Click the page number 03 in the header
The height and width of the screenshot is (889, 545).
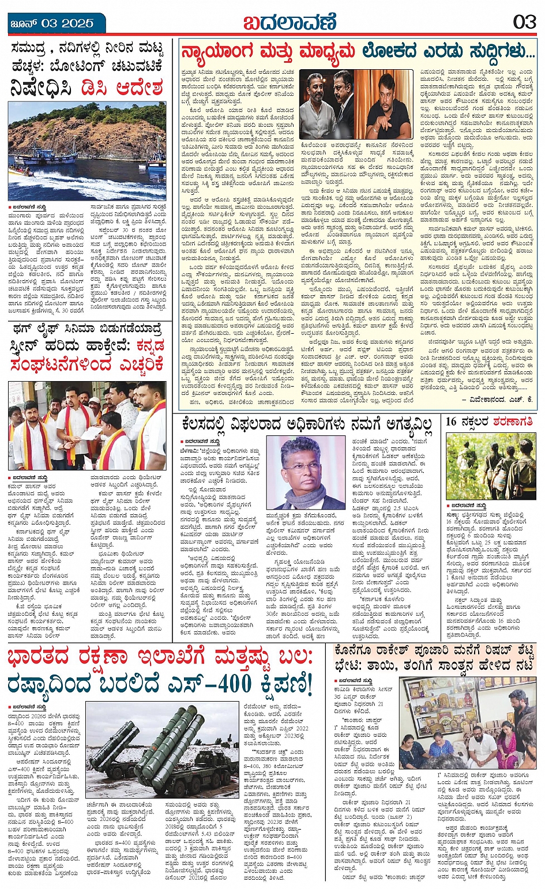pos(524,22)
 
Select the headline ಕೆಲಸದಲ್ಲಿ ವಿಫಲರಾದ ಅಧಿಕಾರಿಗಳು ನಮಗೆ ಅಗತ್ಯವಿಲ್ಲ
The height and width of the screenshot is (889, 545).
pos(307,424)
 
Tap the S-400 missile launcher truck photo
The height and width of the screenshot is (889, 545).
pos(161,749)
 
